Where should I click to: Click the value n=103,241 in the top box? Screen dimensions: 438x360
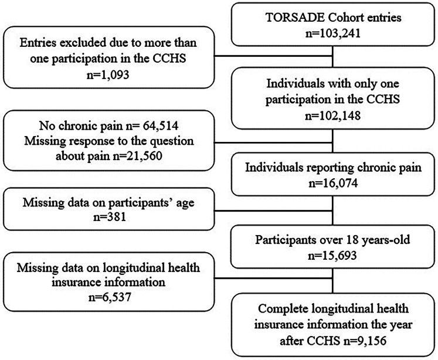[x=332, y=33]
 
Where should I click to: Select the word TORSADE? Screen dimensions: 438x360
[x=295, y=18]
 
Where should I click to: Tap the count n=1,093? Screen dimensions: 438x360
[x=108, y=74]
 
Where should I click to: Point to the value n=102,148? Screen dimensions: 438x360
[x=332, y=116]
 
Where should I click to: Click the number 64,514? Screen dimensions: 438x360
[x=160, y=125]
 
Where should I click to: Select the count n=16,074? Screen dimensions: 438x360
[x=333, y=183]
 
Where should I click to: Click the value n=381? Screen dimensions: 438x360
[x=109, y=217]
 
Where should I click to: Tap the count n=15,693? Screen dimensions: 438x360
[x=332, y=255]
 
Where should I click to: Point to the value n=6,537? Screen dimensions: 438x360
[x=110, y=297]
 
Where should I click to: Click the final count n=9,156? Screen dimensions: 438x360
[x=365, y=341]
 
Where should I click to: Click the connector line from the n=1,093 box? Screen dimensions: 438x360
[x=273, y=56]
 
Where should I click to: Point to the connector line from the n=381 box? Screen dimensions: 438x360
[x=273, y=210]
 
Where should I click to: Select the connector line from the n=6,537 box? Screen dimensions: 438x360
[x=273, y=278]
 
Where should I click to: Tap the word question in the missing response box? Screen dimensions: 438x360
[x=172, y=141]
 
